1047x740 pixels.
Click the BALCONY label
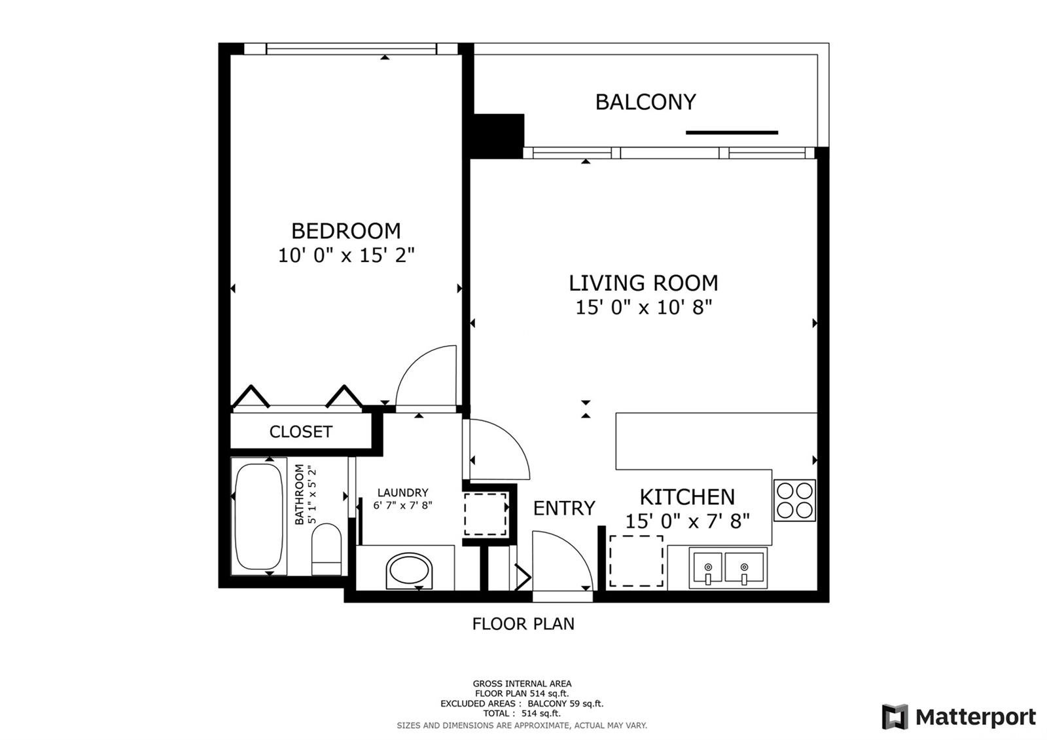click(x=645, y=102)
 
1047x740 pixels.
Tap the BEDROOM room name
click(x=346, y=231)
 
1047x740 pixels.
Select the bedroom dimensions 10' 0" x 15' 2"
click(x=346, y=255)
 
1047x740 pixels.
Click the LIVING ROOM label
click(x=643, y=283)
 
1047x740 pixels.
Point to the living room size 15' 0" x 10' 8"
click(x=644, y=307)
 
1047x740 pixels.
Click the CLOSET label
click(x=300, y=432)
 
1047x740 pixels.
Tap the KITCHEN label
click(x=687, y=497)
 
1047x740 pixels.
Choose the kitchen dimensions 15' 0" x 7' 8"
click(x=687, y=521)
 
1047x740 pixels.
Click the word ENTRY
click(x=564, y=508)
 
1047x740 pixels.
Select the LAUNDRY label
click(x=402, y=492)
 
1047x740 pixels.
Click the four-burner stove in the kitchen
click(x=794, y=500)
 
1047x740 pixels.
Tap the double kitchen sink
click(x=728, y=568)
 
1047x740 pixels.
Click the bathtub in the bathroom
click(x=258, y=517)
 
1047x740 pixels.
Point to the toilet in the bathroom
click(x=327, y=549)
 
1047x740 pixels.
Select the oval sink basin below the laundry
click(x=409, y=570)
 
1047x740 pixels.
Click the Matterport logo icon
click(x=895, y=717)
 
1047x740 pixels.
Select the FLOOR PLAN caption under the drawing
click(x=523, y=624)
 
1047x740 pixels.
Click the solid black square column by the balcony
click(x=499, y=136)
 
